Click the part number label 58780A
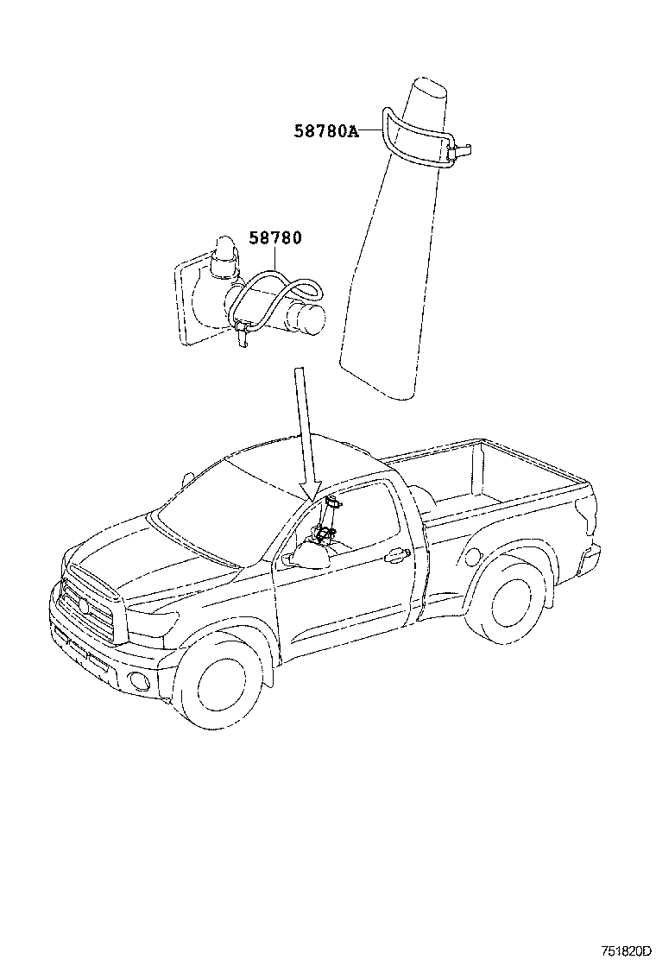pyautogui.click(x=325, y=131)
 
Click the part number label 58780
pyautogui.click(x=274, y=237)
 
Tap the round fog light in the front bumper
pyautogui.click(x=134, y=679)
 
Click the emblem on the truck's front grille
pyautogui.click(x=84, y=605)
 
